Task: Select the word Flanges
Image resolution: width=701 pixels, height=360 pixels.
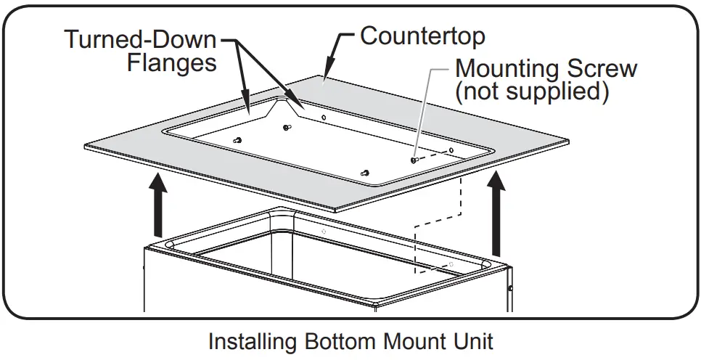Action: (172, 63)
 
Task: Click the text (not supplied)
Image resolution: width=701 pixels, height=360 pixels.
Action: (530, 92)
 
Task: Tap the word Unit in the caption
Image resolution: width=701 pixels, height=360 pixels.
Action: (473, 341)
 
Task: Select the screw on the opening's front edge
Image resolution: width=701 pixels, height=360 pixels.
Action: (365, 173)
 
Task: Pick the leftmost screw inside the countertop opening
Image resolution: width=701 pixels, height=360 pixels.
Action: (237, 140)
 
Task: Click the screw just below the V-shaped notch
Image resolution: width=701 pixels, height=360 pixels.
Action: (287, 128)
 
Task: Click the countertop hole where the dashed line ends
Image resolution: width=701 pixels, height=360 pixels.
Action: (451, 151)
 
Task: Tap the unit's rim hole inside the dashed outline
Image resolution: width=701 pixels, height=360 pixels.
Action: (451, 263)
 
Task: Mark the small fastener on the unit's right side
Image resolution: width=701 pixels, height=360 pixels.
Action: (512, 288)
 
